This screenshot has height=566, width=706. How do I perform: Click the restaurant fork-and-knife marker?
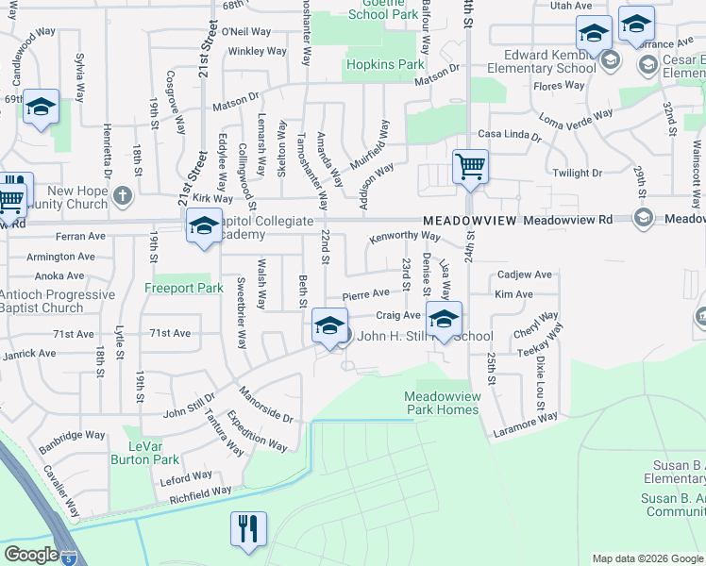248,528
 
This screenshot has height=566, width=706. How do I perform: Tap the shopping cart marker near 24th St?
470,168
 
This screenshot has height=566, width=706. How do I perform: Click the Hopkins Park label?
384,65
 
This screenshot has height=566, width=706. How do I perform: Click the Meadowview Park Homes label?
443,403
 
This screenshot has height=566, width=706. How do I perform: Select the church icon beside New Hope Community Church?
122,197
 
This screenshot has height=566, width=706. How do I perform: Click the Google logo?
31,555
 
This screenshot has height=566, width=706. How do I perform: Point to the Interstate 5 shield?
68,558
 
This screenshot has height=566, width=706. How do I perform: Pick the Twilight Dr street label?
577,174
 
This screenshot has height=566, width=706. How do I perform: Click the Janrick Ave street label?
28,354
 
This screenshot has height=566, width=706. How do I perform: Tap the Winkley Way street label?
257,51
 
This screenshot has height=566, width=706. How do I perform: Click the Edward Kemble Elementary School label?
549,61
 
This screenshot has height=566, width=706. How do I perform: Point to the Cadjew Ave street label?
525,275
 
